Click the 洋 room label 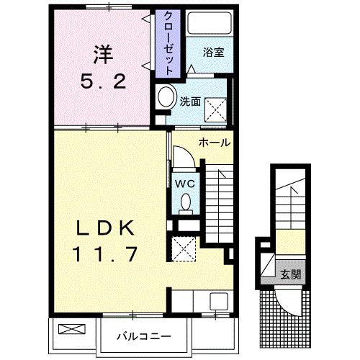[103, 55]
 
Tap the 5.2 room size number [103, 81]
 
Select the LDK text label [105, 228]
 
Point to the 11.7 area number [105, 254]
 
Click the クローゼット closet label [168, 43]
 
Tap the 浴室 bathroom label [213, 53]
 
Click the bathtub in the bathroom [210, 23]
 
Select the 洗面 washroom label [190, 102]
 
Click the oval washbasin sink [166, 96]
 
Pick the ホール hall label [215, 143]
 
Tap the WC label [185, 184]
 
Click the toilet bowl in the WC [186, 202]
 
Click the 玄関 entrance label [291, 274]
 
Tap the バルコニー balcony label [144, 336]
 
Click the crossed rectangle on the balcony [72, 328]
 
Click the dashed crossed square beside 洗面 [215, 109]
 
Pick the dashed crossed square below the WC [184, 249]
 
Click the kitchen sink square [219, 301]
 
